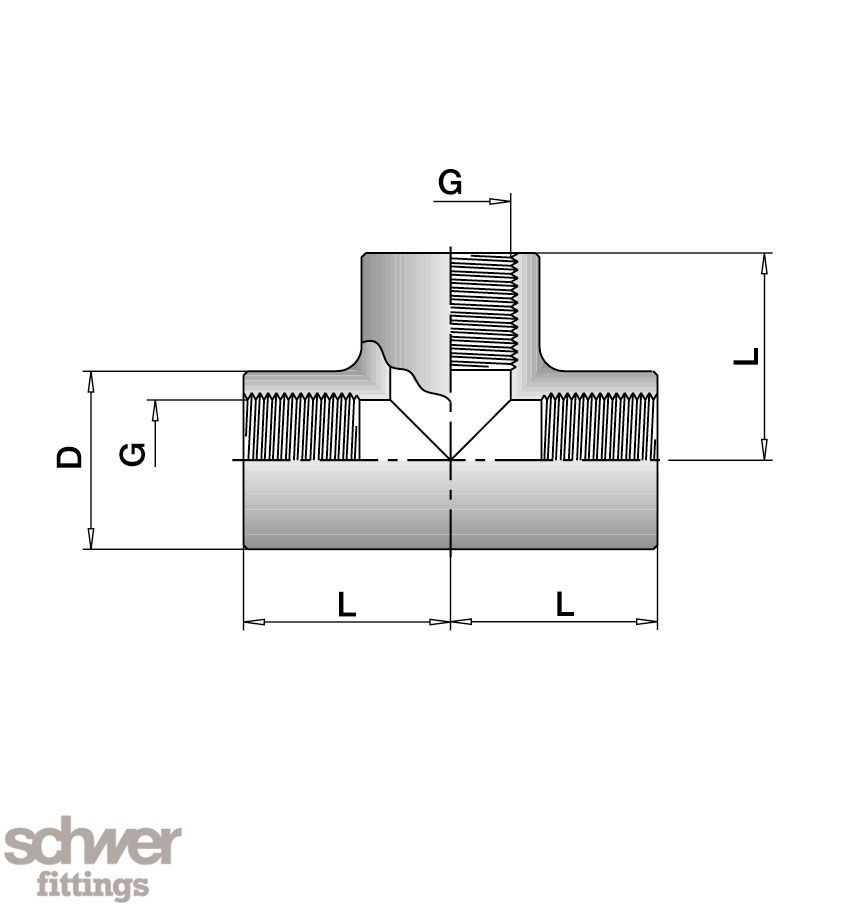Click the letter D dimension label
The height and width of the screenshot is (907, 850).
69,456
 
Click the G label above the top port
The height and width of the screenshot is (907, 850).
450,182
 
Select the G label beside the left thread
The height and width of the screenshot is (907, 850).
133,454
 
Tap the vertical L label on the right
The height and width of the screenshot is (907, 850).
746,356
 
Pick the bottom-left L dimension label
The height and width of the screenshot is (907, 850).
347,604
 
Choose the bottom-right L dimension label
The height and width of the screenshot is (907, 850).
565,604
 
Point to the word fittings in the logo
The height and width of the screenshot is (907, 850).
93,885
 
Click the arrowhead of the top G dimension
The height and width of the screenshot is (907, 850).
500,201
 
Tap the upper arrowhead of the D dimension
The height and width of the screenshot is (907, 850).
90,382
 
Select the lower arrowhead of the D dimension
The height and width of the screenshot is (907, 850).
90,538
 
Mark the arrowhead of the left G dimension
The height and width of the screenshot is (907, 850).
155,411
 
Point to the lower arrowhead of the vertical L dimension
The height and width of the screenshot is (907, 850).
764,449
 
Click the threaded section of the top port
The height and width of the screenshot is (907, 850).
484,311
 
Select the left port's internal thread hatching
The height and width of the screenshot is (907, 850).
302,426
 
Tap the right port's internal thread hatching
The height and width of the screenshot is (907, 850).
599,426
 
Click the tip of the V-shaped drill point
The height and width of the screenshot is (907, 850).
451,460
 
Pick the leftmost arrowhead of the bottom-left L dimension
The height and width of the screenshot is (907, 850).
255,622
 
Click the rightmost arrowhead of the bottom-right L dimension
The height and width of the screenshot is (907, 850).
647,622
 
